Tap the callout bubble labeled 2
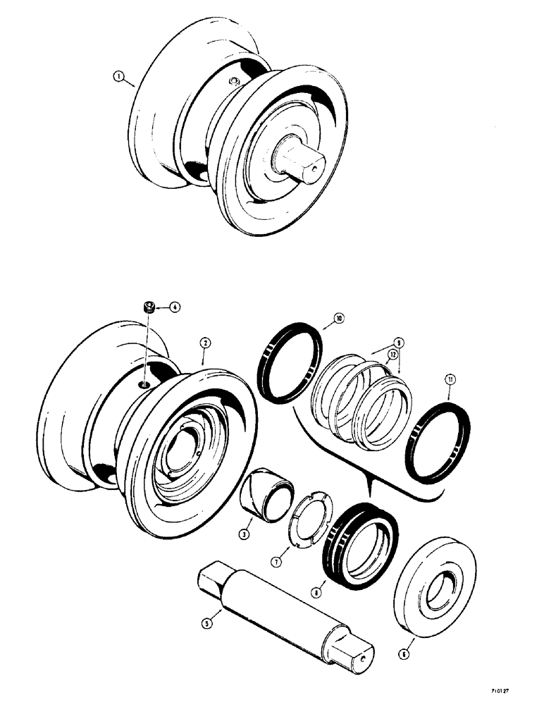point(203,342)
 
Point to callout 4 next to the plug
point(174,307)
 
